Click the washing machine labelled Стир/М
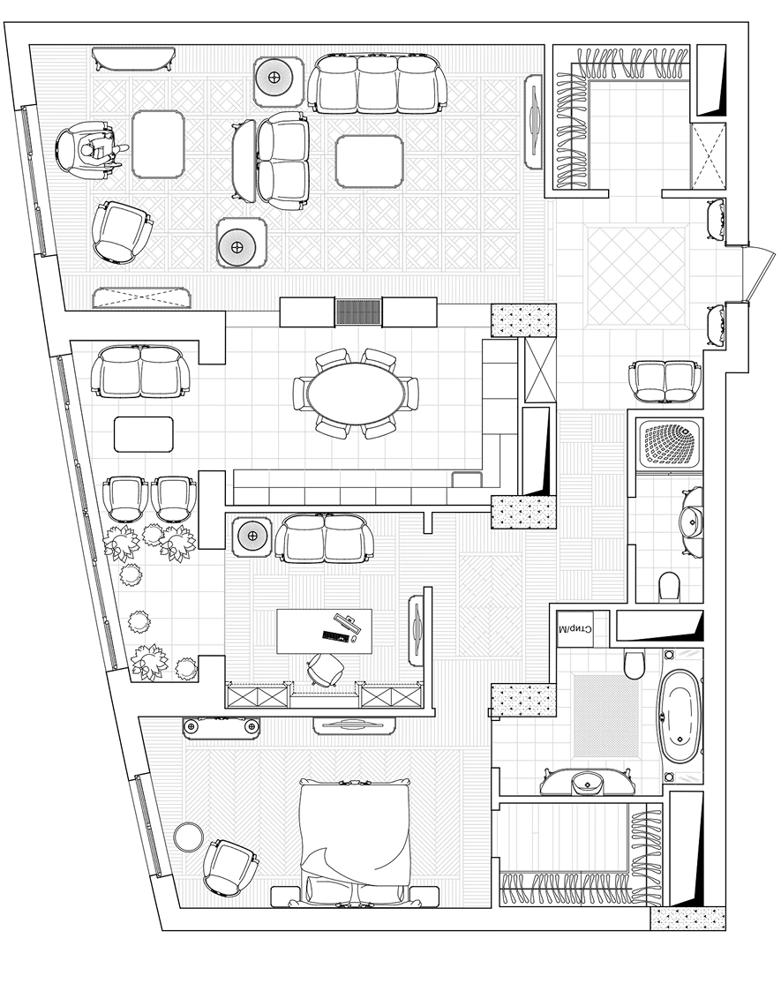coord(575,629)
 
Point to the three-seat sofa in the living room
coord(377,83)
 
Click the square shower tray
coord(670,445)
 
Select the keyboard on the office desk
coord(335,635)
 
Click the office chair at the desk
coord(326,669)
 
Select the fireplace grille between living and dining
coord(358,312)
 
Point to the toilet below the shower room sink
coord(668,585)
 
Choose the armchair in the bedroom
coord(229,867)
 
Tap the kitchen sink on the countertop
coord(466,479)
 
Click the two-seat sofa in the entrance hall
coord(665,380)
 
